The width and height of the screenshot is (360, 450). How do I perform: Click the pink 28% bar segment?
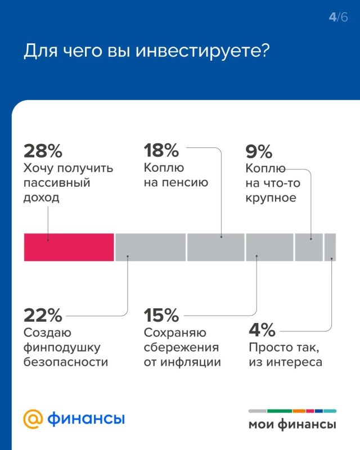[69, 247]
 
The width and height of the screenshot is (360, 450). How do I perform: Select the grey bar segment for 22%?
[150, 247]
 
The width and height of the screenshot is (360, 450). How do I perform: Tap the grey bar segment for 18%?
[215, 247]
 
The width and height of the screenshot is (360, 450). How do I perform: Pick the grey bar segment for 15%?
[269, 247]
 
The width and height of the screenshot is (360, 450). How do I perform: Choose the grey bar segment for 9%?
[309, 247]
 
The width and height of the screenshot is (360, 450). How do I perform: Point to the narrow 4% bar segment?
[330, 247]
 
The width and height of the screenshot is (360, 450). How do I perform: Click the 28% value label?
[43, 151]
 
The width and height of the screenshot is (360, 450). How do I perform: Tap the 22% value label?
[43, 314]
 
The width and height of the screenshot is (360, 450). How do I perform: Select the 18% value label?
[161, 151]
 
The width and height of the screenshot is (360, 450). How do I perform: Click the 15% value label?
[161, 314]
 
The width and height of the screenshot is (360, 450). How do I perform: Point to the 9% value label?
[259, 151]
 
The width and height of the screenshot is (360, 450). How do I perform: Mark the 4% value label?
[262, 329]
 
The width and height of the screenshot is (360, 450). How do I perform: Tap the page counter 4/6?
[339, 17]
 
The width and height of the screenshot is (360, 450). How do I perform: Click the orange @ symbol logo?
[33, 419]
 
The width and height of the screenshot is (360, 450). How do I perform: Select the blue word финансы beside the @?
[86, 419]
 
